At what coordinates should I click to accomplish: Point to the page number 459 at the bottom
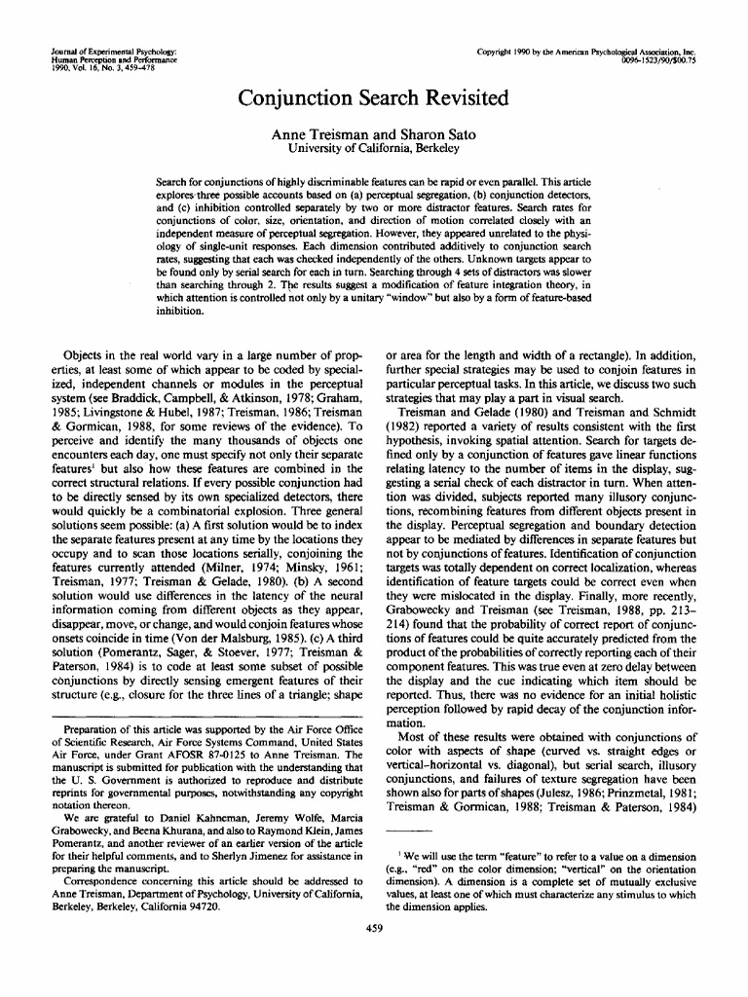(x=373, y=928)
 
